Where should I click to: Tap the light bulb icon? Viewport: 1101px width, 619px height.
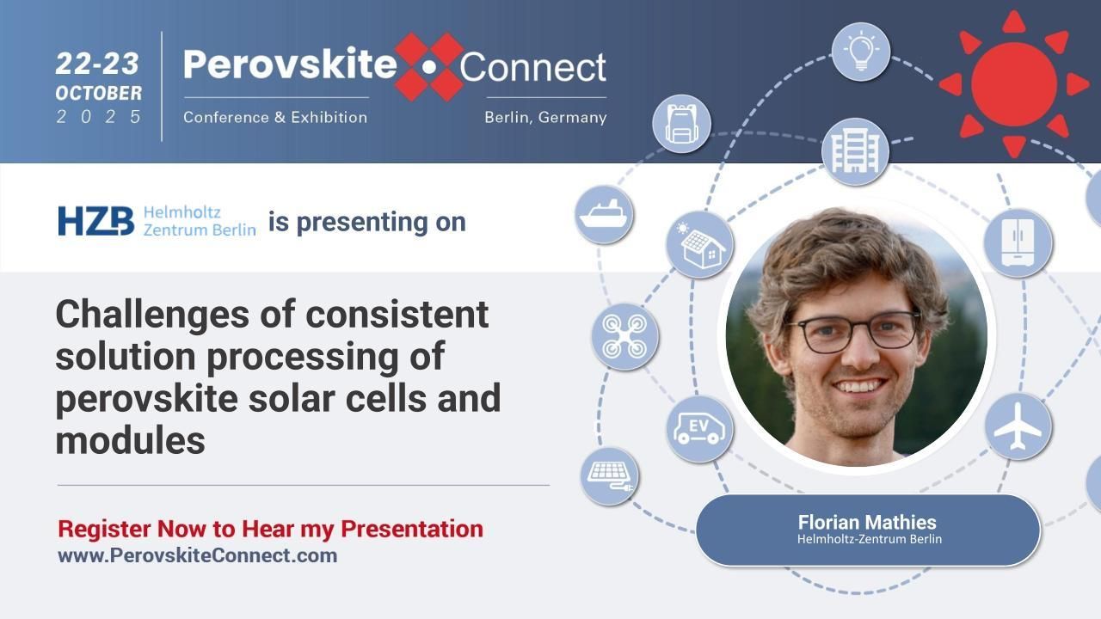pos(860,52)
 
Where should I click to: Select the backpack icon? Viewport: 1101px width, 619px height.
pos(681,124)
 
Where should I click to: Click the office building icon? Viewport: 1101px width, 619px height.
pos(855,151)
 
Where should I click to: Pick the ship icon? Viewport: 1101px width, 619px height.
pos(605,214)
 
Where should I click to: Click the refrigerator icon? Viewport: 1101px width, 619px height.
pos(1018,242)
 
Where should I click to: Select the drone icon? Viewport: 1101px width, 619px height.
pos(624,336)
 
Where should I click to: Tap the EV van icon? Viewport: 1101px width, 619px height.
pos(700,427)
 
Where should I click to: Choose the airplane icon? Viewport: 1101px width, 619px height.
pos(1018,426)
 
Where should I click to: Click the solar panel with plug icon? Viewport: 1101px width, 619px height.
pos(609,475)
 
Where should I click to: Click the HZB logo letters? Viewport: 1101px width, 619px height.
pos(95,221)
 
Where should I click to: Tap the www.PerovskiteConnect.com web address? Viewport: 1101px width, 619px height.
pos(197,555)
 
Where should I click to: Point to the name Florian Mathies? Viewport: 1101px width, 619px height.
pos(867,522)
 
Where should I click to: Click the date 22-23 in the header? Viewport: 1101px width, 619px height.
pos(98,64)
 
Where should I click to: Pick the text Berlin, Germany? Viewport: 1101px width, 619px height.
pos(545,117)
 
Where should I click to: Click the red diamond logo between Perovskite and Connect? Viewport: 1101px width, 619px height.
pos(429,66)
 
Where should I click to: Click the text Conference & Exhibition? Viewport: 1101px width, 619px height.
pos(275,117)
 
